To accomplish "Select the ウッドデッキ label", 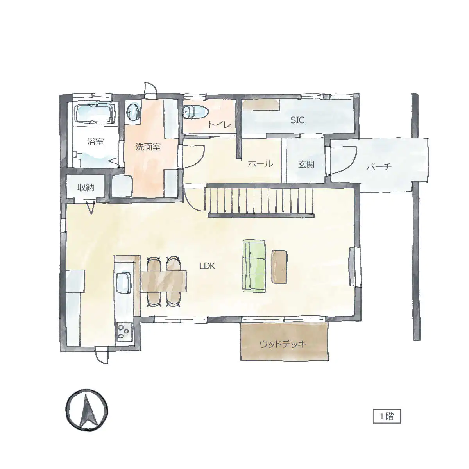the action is point(283,344).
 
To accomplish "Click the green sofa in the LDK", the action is point(254,266).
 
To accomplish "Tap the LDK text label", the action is point(207,266).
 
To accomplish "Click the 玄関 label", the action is point(306,165).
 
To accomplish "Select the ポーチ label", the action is point(379,167).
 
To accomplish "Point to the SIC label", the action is point(297,120).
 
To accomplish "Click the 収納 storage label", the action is point(86,188).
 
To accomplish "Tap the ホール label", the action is point(260,164).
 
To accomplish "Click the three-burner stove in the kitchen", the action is point(124,332).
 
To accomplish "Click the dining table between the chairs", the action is point(163,281).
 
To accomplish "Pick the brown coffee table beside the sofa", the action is point(279,267).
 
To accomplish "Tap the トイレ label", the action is point(219,125).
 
